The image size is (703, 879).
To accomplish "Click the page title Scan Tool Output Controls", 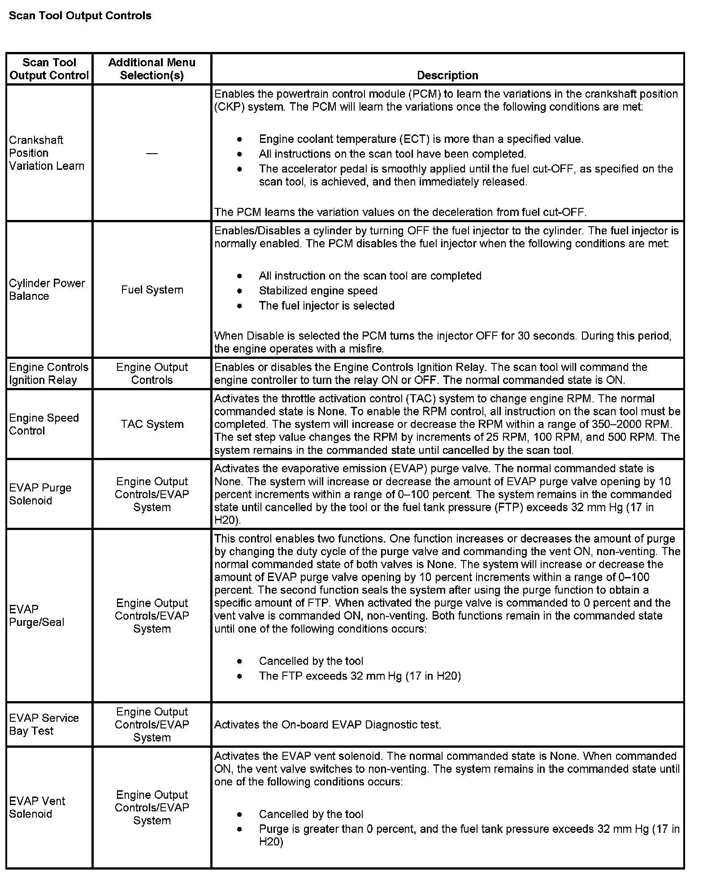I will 80,16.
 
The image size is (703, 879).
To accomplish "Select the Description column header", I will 447,75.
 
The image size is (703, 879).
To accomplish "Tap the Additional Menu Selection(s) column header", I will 152,69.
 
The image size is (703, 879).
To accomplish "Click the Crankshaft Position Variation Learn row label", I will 46,153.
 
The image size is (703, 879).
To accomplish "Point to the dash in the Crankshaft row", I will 152,154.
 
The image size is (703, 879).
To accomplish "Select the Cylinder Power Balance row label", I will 47,289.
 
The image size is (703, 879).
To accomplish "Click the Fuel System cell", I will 152,290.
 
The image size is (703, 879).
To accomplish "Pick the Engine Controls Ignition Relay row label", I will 48,374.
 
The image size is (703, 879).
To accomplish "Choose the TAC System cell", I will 152,424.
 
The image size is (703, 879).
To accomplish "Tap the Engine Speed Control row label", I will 43,424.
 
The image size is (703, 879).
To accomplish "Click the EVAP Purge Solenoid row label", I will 40,494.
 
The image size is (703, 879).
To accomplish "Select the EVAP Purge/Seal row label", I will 36,616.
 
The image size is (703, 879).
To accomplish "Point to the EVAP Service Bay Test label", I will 43,724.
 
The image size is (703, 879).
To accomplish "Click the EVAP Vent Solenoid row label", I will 37,807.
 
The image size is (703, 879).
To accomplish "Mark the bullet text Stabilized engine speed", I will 318,291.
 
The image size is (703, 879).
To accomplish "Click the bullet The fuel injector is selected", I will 326,306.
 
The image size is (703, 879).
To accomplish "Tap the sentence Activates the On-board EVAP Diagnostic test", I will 327,724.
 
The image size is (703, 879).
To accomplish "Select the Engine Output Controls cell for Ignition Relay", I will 152,374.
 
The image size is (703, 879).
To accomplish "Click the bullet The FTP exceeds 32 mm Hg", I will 360,676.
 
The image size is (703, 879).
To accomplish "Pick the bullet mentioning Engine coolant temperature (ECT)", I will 421,139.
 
